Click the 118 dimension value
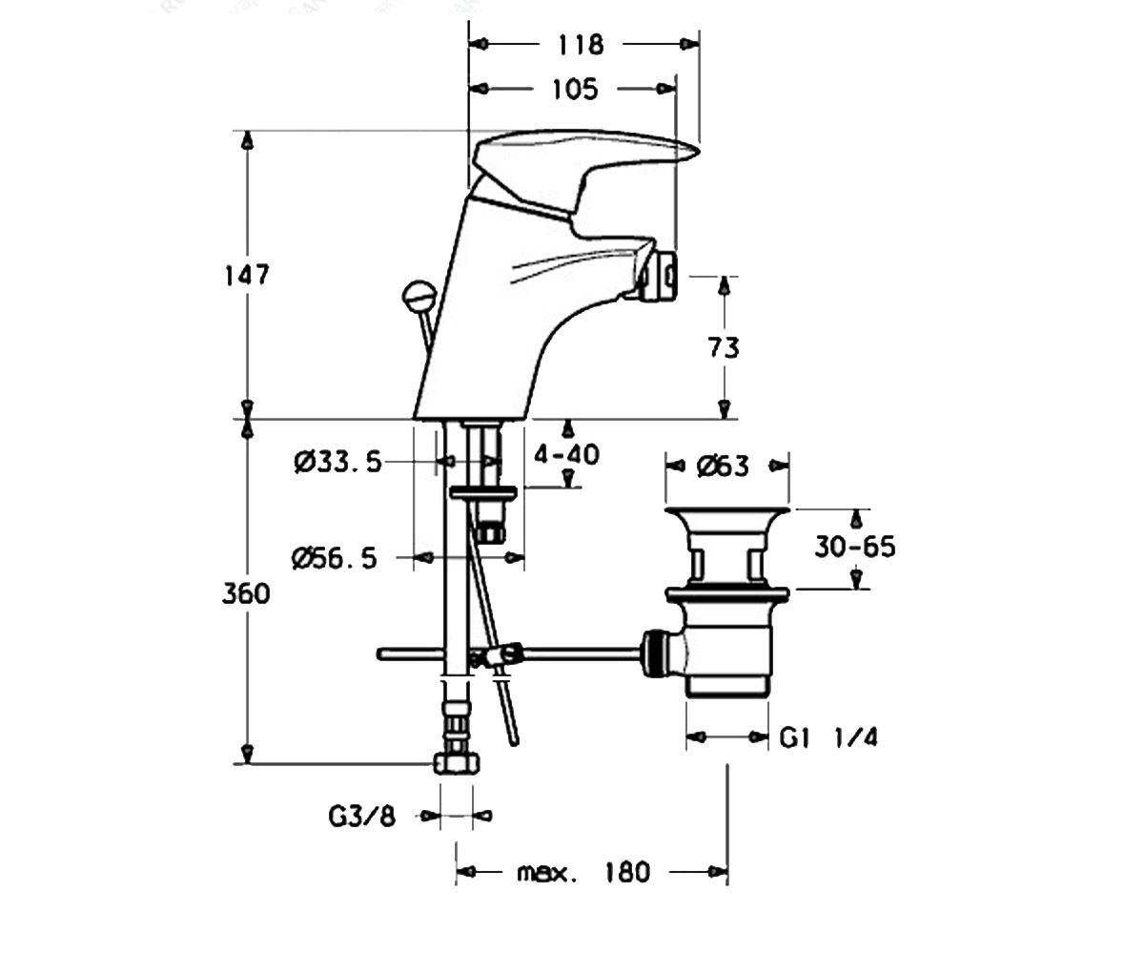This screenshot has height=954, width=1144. pos(581,45)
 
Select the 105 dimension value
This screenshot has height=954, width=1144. pos(575,90)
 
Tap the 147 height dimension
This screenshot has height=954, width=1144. pos(247,275)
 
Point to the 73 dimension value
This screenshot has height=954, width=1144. pos(724,347)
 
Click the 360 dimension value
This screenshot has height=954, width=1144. pos(246,593)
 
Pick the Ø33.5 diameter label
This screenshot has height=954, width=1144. pos(337,462)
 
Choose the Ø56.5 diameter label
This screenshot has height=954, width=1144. pos(335,559)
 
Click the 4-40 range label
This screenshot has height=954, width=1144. pos(566,454)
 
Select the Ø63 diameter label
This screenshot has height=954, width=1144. pos(723,467)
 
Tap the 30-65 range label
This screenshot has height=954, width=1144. pos(855,547)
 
